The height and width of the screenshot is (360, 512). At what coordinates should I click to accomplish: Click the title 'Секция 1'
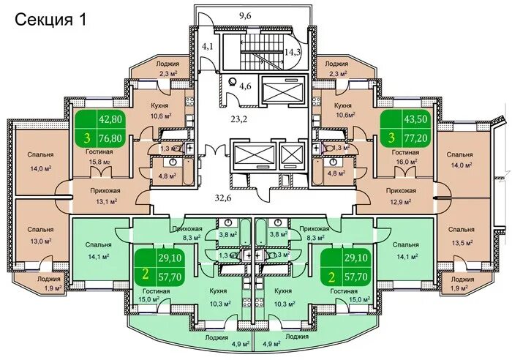tap(50, 20)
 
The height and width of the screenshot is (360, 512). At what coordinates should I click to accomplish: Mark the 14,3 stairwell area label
tap(293, 52)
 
